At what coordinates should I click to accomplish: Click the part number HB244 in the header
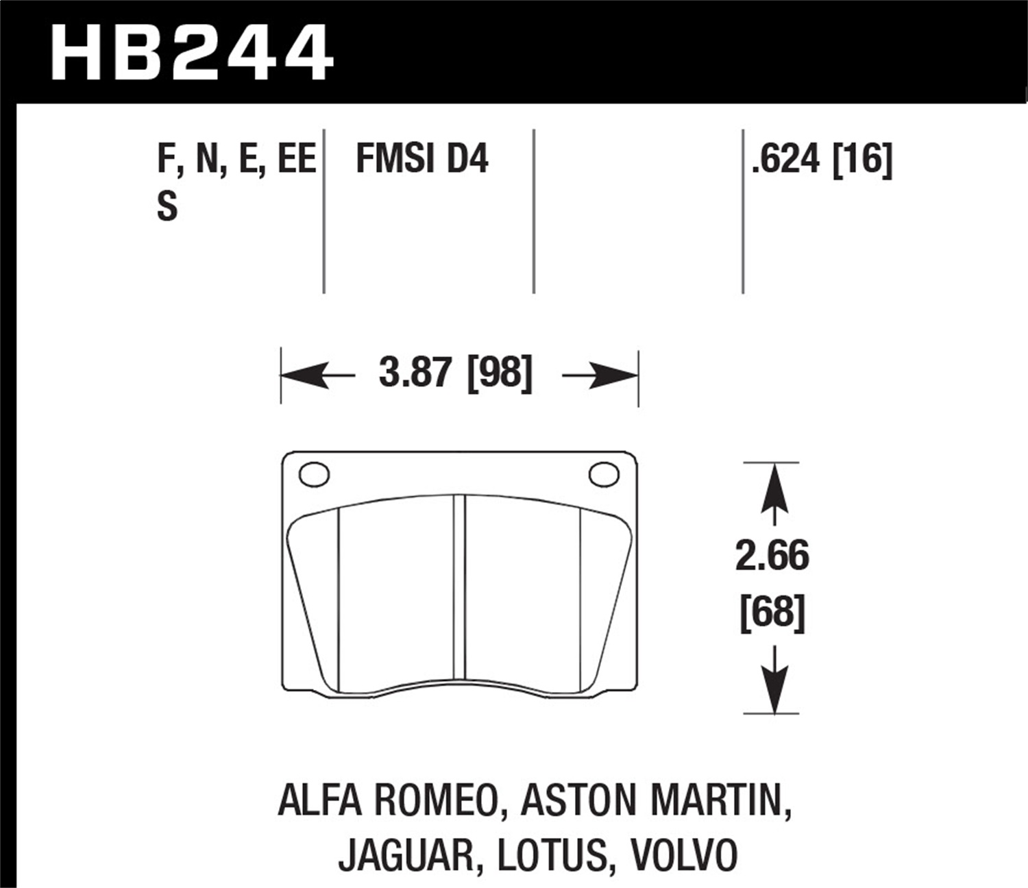click(191, 51)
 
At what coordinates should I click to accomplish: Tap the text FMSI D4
click(422, 158)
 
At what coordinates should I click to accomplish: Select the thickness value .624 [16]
click(822, 160)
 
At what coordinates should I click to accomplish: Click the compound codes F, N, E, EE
click(236, 159)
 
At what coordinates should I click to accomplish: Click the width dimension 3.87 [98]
click(456, 373)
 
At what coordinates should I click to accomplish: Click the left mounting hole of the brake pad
click(314, 474)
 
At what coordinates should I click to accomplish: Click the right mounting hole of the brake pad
click(604, 474)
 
